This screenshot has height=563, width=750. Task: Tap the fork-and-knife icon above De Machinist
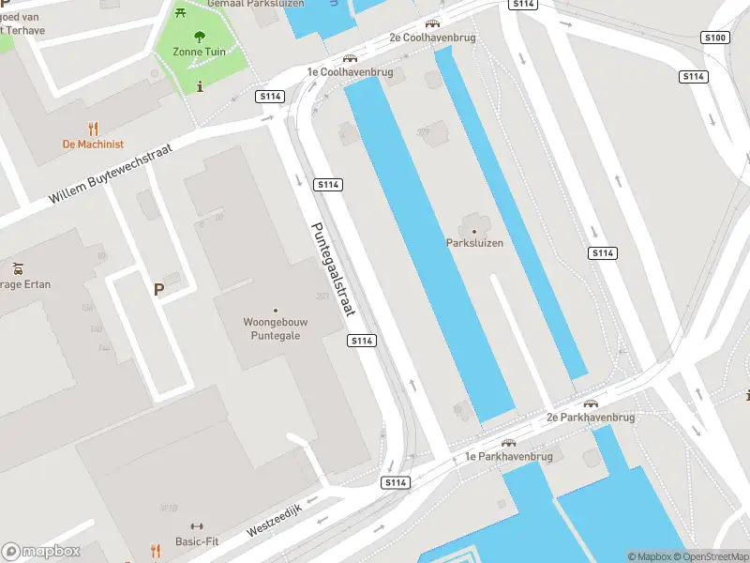coord(93,129)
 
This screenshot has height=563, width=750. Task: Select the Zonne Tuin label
coord(199,52)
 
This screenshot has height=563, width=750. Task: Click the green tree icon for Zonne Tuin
coord(199,37)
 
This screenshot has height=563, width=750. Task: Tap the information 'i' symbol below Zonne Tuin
coord(200,86)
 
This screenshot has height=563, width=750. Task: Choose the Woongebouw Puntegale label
coord(275,328)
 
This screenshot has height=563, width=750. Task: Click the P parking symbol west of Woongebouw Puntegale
coord(158,289)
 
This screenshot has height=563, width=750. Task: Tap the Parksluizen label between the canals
coord(474,243)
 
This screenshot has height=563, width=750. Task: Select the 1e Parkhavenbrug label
coord(509,457)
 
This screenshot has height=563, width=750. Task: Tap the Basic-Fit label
coord(198,541)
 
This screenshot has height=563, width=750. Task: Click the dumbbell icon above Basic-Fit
coord(197,526)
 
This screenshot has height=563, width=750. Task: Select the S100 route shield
coord(714,38)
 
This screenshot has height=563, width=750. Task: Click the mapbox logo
coord(41,552)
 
